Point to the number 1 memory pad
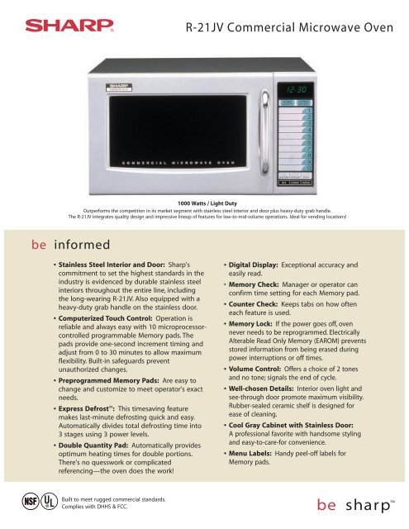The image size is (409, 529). tap(309, 110)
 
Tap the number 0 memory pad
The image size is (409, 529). tap(309, 168)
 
